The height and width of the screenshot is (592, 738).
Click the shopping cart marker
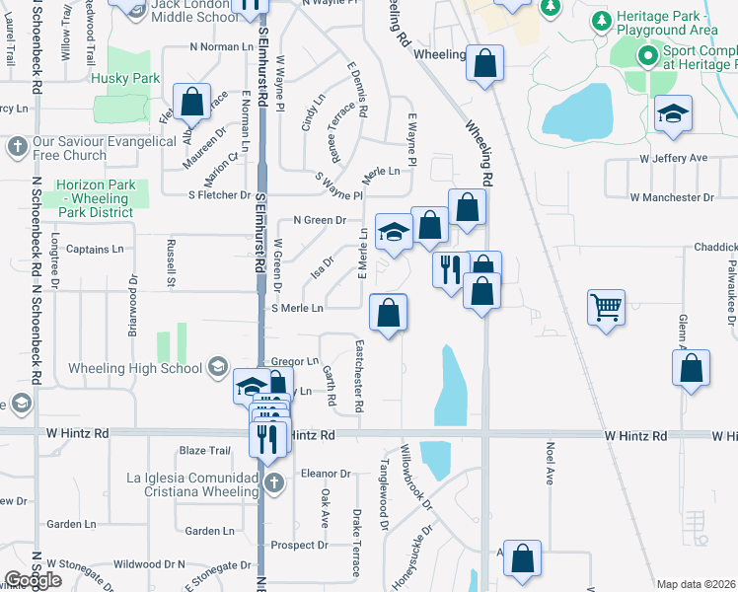pyautogui.click(x=605, y=306)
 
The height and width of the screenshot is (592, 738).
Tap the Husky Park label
pyautogui.click(x=124, y=77)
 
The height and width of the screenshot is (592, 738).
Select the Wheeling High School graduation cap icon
pyautogui.click(x=216, y=369)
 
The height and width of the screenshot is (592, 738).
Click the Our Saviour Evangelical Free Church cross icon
pyautogui.click(x=16, y=148)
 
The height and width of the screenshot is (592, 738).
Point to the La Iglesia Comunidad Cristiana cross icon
pyautogui.click(x=274, y=483)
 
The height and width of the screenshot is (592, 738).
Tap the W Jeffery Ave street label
pyautogui.click(x=674, y=158)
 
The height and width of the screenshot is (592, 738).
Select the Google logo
pyautogui.click(x=33, y=580)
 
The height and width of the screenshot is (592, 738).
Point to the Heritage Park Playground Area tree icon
pyautogui.click(x=599, y=20)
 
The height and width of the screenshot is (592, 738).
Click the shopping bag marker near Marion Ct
pyautogui.click(x=191, y=102)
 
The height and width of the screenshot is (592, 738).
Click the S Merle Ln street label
pyautogui.click(x=297, y=308)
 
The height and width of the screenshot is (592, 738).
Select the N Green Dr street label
pyautogui.click(x=320, y=220)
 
